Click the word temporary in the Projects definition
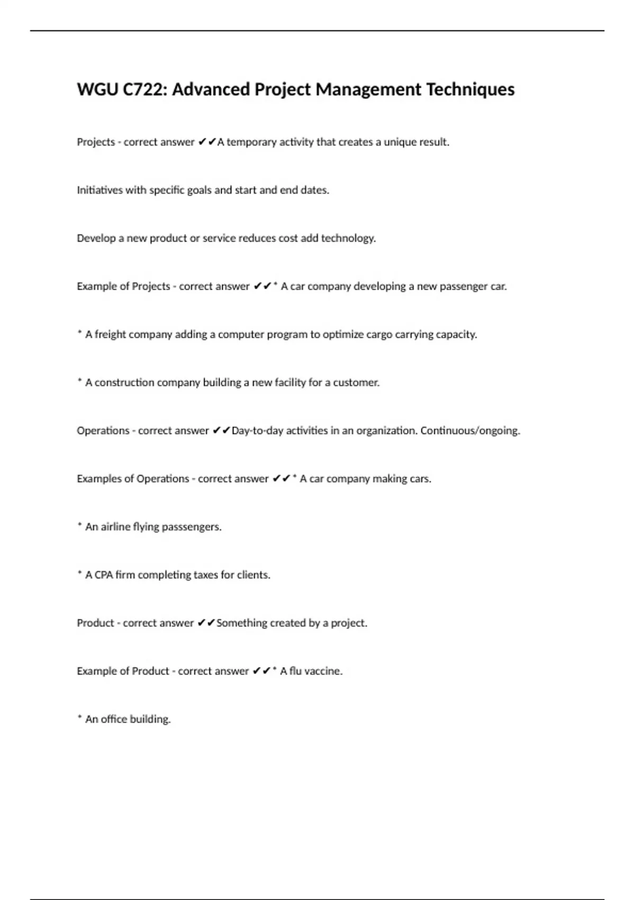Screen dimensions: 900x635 click(x=251, y=142)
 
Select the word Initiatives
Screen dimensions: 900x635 click(x=99, y=190)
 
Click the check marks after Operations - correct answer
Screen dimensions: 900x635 click(x=221, y=431)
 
